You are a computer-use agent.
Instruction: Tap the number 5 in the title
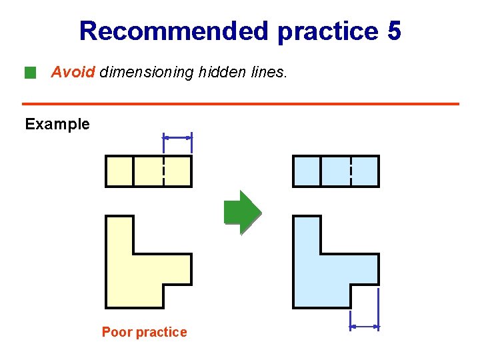tap(393, 31)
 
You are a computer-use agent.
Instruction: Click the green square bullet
tap(29, 72)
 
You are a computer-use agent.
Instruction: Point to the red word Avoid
tap(73, 72)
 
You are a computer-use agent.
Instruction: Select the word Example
tap(57, 124)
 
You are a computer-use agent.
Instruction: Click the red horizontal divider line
tap(240, 104)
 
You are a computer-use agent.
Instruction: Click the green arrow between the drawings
tap(242, 213)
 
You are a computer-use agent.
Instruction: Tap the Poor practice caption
tap(144, 332)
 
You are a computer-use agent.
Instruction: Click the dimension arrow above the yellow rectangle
tap(178, 137)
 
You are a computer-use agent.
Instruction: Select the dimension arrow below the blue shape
tap(365, 327)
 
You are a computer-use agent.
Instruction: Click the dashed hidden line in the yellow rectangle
tap(163, 171)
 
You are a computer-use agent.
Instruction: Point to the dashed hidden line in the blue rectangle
tap(351, 171)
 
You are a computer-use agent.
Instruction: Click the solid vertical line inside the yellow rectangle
tap(134, 171)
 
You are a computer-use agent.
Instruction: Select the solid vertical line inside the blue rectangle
tap(321, 171)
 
